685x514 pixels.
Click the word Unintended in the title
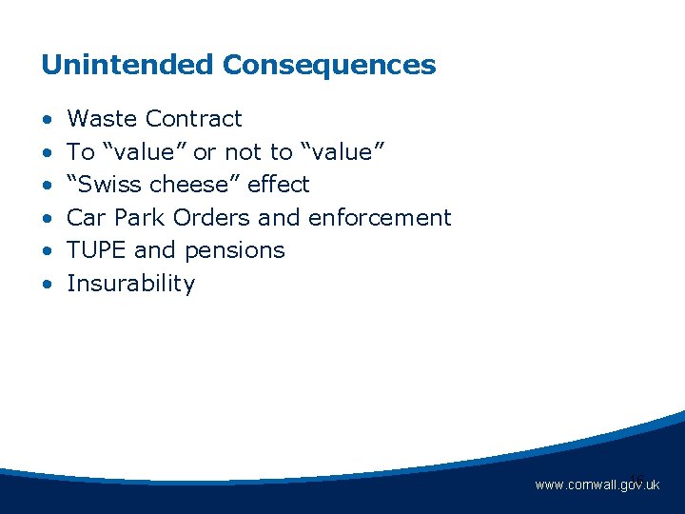127,66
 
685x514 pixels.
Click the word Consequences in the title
329,66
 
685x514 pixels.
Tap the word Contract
194,119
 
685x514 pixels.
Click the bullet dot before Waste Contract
47,120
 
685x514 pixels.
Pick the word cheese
196,184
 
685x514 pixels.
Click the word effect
279,184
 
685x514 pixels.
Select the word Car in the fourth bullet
87,217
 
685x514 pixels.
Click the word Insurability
130,284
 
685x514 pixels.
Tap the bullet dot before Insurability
47,285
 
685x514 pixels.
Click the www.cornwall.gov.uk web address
597,485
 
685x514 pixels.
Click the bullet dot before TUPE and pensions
47,251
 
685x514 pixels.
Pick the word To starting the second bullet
81,151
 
